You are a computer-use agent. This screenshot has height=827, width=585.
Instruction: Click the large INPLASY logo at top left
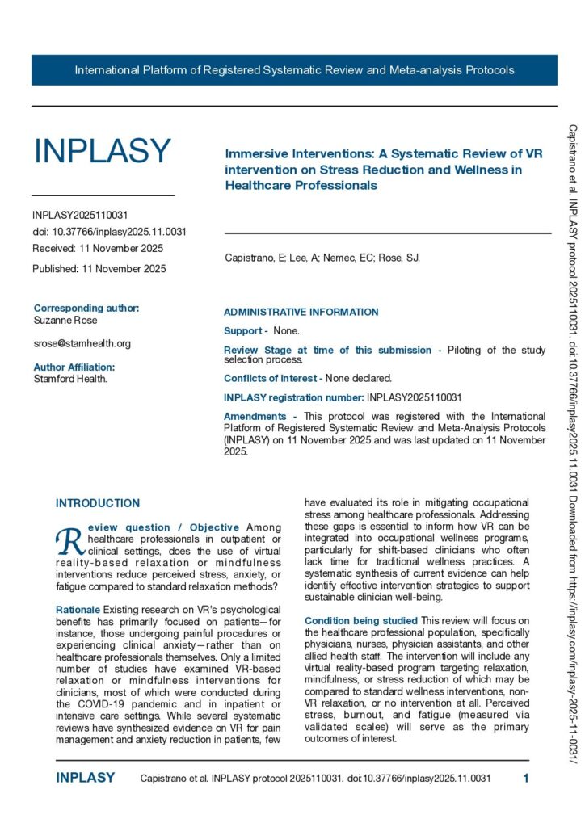pyautogui.click(x=102, y=152)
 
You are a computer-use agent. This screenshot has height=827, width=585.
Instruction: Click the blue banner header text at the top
pyautogui.click(x=294, y=70)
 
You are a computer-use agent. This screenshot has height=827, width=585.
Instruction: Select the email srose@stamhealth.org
pyautogui.click(x=82, y=343)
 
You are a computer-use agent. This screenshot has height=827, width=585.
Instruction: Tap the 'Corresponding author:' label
pyautogui.click(x=86, y=308)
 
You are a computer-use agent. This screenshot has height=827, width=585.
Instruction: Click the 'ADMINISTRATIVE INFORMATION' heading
pyautogui.click(x=301, y=312)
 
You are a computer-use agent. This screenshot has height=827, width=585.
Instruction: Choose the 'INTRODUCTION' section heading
pyautogui.click(x=98, y=503)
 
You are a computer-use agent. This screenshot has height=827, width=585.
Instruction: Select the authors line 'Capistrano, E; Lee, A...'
pyautogui.click(x=322, y=258)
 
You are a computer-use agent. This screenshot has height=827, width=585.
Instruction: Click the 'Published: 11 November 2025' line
pyautogui.click(x=99, y=268)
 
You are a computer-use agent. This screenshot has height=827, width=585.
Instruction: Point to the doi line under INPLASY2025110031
pyautogui.click(x=109, y=232)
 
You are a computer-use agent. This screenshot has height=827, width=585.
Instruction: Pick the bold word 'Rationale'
pyautogui.click(x=78, y=609)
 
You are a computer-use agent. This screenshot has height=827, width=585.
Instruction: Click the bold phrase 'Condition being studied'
pyautogui.click(x=361, y=620)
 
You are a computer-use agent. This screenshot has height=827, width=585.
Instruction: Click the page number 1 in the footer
pyautogui.click(x=526, y=779)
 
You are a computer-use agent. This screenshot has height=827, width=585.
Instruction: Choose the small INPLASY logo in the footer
pyautogui.click(x=85, y=779)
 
